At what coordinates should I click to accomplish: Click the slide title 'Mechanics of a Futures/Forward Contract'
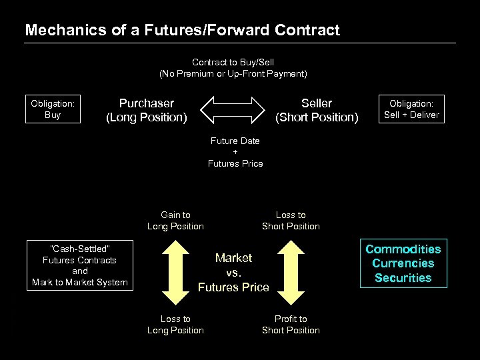tap(182, 30)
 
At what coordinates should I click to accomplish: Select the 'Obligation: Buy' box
tap(53, 109)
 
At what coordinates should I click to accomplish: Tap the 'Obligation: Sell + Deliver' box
tap(411, 109)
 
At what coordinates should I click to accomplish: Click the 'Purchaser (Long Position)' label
tap(147, 110)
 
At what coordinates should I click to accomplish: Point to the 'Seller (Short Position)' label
tap(317, 110)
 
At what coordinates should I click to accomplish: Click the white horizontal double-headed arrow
tap(233, 109)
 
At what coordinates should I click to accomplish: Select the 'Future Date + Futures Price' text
tap(235, 152)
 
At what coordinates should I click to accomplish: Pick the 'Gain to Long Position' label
tap(175, 220)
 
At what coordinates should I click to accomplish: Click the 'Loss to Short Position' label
tap(291, 220)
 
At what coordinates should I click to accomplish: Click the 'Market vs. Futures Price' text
tap(233, 272)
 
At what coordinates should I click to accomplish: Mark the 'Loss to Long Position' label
tap(175, 324)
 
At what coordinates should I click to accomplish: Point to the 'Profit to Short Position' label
tap(291, 324)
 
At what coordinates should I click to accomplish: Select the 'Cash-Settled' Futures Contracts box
tap(80, 265)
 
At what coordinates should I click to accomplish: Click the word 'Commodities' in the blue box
tap(403, 249)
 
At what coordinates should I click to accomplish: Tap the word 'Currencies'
tap(403, 263)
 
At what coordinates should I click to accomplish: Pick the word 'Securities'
tap(403, 278)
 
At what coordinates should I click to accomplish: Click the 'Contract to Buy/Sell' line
tap(233, 62)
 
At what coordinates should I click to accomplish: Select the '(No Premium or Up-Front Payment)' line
tap(233, 73)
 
